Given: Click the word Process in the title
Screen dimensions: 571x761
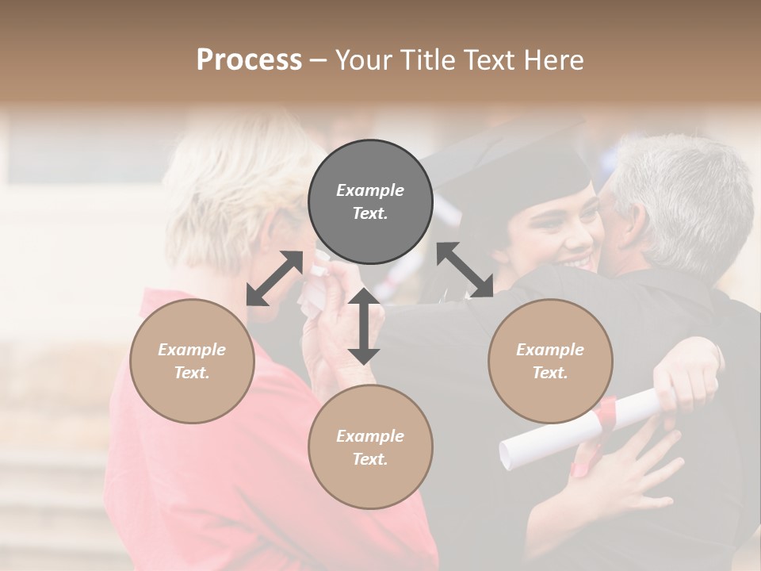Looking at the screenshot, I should (x=249, y=60).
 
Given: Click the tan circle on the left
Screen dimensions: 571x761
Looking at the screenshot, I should (x=192, y=361).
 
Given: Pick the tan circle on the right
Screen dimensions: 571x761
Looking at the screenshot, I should (x=550, y=361).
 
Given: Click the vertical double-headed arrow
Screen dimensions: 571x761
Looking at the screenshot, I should (x=364, y=326).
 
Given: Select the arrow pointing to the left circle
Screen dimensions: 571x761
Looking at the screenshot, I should (x=274, y=278).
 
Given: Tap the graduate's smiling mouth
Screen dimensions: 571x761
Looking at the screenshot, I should (x=577, y=263).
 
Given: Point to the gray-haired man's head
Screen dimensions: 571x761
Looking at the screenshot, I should (x=682, y=198).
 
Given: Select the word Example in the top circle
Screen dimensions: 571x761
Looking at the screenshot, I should (x=370, y=190).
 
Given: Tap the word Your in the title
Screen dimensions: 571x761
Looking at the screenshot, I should (x=362, y=60).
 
